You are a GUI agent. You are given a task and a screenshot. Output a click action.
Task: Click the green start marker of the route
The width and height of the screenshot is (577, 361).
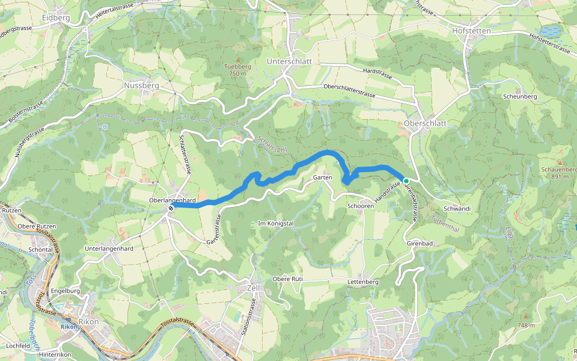(x=406, y=180)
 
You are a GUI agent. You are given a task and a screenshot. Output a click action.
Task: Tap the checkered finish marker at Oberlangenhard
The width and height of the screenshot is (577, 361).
(x=171, y=208)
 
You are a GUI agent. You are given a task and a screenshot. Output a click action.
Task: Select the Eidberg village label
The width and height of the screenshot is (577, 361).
(x=56, y=18)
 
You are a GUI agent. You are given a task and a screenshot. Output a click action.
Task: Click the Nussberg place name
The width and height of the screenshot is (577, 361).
(x=141, y=86)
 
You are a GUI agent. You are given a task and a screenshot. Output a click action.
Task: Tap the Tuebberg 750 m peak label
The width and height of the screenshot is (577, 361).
(x=237, y=70)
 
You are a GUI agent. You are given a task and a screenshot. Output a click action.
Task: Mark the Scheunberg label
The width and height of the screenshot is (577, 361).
(x=520, y=96)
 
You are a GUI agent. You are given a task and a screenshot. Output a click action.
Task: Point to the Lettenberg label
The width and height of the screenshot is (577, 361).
(x=362, y=282)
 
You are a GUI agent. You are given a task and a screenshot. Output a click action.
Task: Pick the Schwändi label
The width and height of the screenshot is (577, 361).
(x=456, y=208)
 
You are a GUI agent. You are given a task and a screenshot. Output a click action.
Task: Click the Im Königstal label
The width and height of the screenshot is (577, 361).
(x=275, y=223)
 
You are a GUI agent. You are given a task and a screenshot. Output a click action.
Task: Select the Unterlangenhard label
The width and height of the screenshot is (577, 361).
(x=109, y=248)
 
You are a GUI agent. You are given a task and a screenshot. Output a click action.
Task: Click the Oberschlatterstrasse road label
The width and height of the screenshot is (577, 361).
(x=349, y=91)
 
